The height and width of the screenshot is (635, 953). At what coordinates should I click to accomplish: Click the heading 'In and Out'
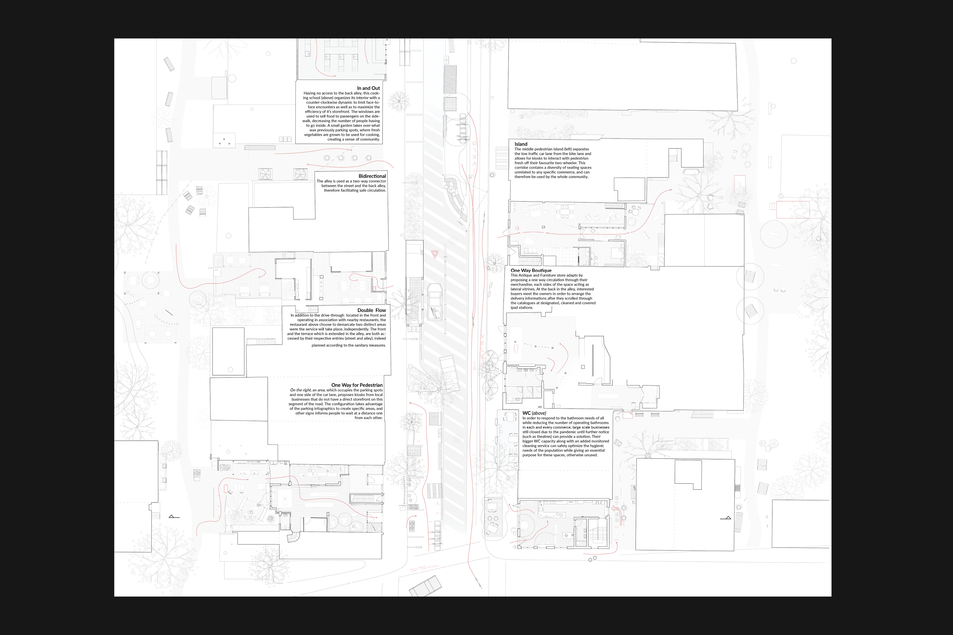pyautogui.click(x=368, y=88)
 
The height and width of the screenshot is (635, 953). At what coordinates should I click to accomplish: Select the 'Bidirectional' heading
pyautogui.click(x=372, y=176)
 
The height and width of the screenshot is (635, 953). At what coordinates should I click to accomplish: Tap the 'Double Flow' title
pyautogui.click(x=372, y=310)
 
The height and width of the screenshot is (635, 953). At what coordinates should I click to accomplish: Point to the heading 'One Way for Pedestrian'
pyautogui.click(x=357, y=385)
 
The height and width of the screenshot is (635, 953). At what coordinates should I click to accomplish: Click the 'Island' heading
pyautogui.click(x=521, y=144)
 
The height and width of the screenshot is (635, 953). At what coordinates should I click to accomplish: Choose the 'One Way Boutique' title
pyautogui.click(x=531, y=270)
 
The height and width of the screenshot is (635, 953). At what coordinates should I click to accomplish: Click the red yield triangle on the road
pyautogui.click(x=435, y=254)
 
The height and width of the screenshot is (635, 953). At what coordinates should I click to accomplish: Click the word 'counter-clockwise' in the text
pyautogui.click(x=321, y=102)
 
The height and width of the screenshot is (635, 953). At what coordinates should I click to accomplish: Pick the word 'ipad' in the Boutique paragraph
pyautogui.click(x=514, y=308)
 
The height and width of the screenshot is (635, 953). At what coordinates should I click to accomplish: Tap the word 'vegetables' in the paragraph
pyautogui.click(x=313, y=135)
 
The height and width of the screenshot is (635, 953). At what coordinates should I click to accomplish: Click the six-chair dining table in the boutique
pyautogui.click(x=564, y=211)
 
